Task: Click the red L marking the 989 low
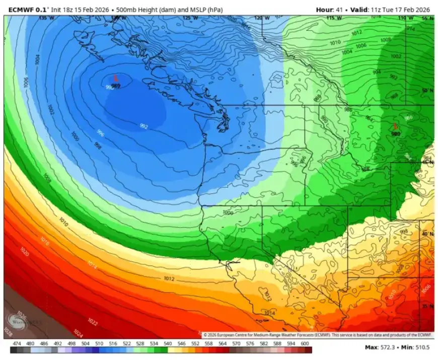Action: pyautogui.click(x=116, y=78)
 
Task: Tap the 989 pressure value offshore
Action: pyautogui.click(x=116, y=86)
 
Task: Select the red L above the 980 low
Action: pyautogui.click(x=395, y=126)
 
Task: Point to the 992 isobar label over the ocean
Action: pyautogui.click(x=143, y=126)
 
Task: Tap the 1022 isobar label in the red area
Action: pyautogui.click(x=93, y=321)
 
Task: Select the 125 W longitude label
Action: pyautogui.click(x=190, y=18)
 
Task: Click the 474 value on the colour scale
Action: pyautogui.click(x=17, y=344)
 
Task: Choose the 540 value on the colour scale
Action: pyautogui.click(x=167, y=344)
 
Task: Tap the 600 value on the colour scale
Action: pyautogui.click(x=304, y=344)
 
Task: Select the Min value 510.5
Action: pyautogui.click(x=423, y=348)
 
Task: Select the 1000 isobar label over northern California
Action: pyautogui.click(x=228, y=212)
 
